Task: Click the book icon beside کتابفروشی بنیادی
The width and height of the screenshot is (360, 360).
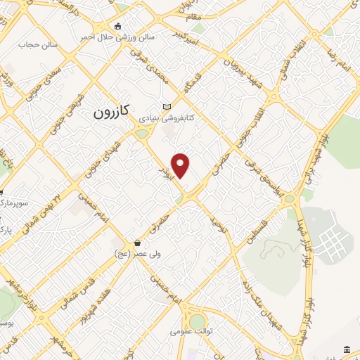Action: click(x=167, y=106)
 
